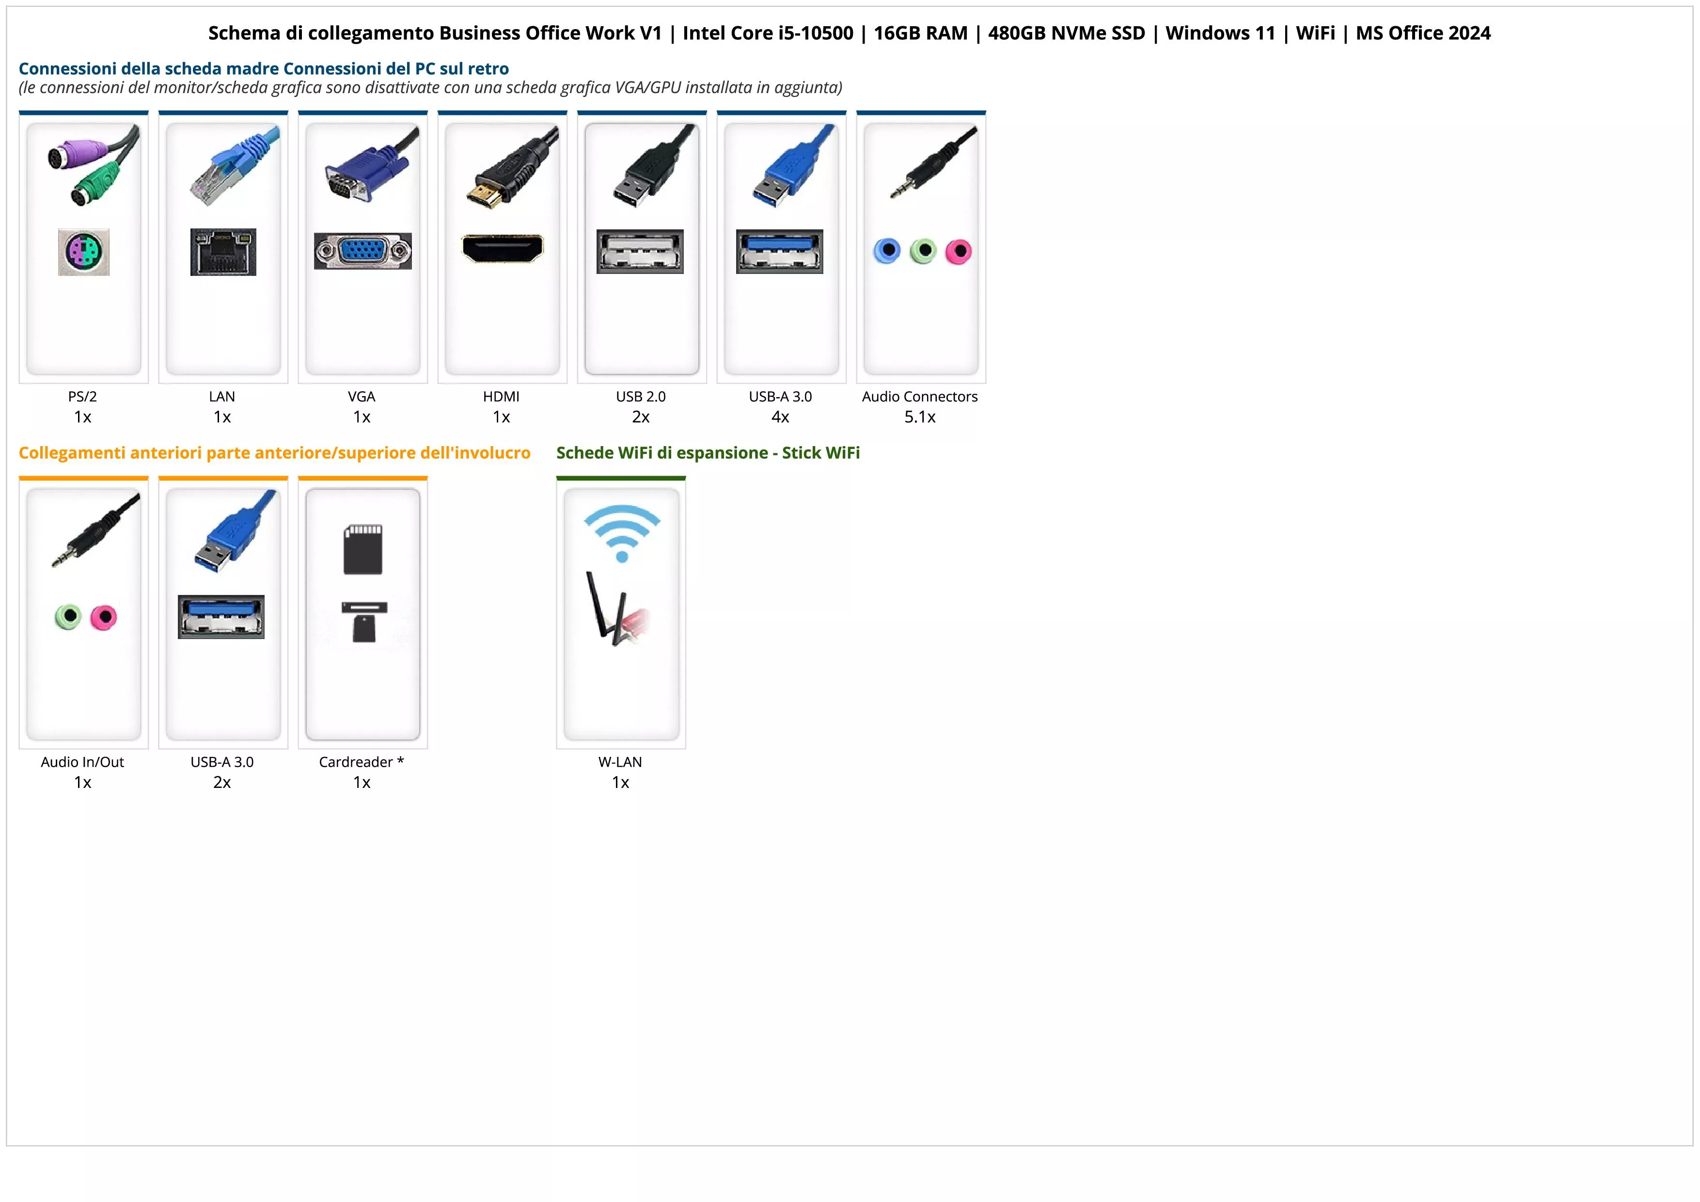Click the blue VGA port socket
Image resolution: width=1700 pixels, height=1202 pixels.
coord(363,252)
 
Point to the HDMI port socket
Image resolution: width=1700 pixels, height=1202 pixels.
coord(502,249)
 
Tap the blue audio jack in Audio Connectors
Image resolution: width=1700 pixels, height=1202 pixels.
coord(887,251)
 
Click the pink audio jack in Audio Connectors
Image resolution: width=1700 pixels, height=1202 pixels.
coord(958,252)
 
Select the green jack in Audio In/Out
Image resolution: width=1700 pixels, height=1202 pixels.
coord(68,616)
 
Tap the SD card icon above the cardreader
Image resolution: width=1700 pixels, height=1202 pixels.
coord(363,549)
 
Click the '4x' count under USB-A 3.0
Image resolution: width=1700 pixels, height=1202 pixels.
coord(780,417)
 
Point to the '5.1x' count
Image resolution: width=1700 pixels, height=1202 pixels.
coord(920,417)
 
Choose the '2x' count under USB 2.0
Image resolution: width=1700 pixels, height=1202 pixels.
coord(641,417)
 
